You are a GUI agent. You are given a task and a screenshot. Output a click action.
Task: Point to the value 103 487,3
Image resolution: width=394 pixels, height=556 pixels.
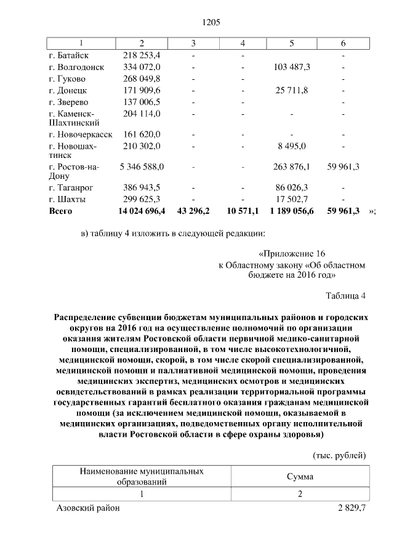(x=292, y=67)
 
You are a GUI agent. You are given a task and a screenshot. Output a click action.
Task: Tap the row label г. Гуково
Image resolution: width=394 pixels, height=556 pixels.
(x=67, y=79)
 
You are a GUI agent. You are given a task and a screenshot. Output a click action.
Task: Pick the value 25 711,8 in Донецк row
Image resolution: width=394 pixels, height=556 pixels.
(x=292, y=90)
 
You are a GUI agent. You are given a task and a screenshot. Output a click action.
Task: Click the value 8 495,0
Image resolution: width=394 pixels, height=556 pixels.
(x=292, y=146)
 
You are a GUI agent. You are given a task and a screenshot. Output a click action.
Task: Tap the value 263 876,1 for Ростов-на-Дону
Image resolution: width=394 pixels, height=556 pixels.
(x=292, y=166)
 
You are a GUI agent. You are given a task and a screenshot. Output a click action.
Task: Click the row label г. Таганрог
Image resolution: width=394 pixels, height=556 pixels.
(x=71, y=187)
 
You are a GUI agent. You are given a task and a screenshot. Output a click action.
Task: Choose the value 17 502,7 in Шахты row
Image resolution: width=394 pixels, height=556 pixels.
(x=292, y=199)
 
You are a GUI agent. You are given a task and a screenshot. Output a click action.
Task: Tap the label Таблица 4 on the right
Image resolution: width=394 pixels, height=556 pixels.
(x=345, y=296)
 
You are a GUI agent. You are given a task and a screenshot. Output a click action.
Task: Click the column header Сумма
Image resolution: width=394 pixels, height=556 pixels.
(x=300, y=476)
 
